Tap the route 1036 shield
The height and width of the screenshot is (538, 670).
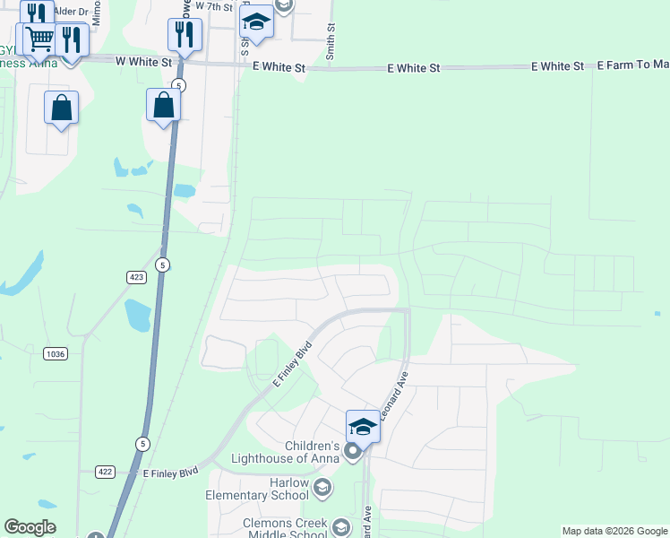55,354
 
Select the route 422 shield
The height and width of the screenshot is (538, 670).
106,471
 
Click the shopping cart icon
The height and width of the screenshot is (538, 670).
40,39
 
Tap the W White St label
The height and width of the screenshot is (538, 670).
143,63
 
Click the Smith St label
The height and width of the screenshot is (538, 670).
331,43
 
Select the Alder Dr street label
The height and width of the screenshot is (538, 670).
68,11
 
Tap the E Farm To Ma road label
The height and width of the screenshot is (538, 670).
632,65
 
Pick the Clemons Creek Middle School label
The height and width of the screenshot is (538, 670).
286,529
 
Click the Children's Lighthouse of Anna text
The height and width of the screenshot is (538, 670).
312,453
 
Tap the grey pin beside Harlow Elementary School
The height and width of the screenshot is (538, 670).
322,489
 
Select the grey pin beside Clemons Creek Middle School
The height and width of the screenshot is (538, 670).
340,527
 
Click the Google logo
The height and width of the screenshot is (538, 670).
30,527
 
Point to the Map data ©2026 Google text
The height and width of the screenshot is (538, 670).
614,531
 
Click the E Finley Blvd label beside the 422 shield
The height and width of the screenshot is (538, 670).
170,472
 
